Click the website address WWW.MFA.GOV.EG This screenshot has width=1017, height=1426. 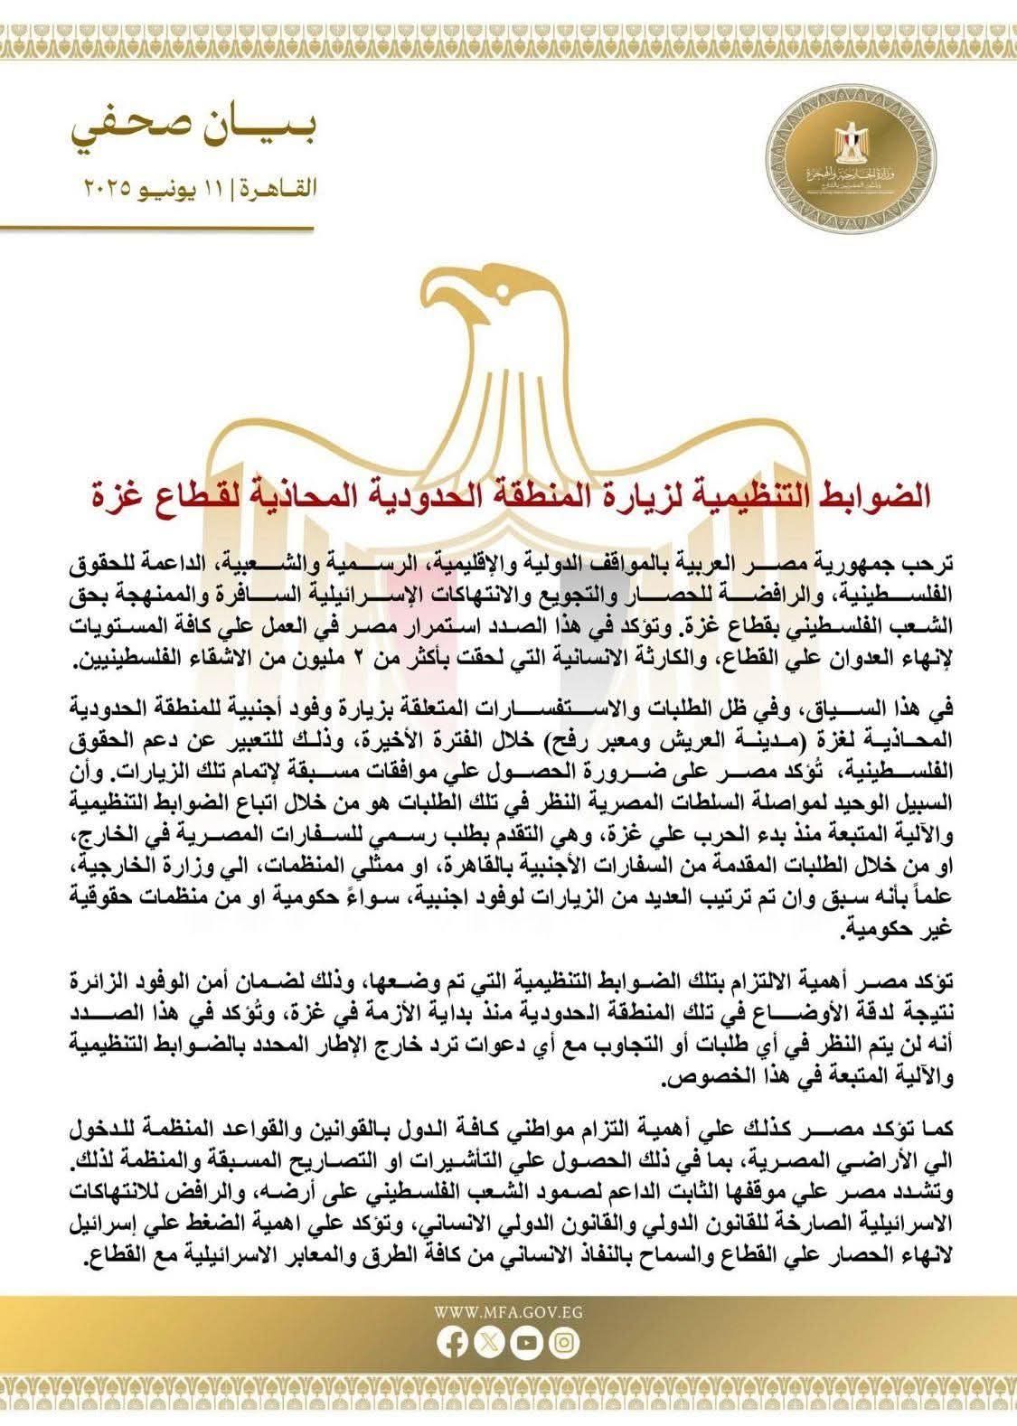tap(507, 1342)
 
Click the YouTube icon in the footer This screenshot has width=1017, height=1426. tap(526, 1370)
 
